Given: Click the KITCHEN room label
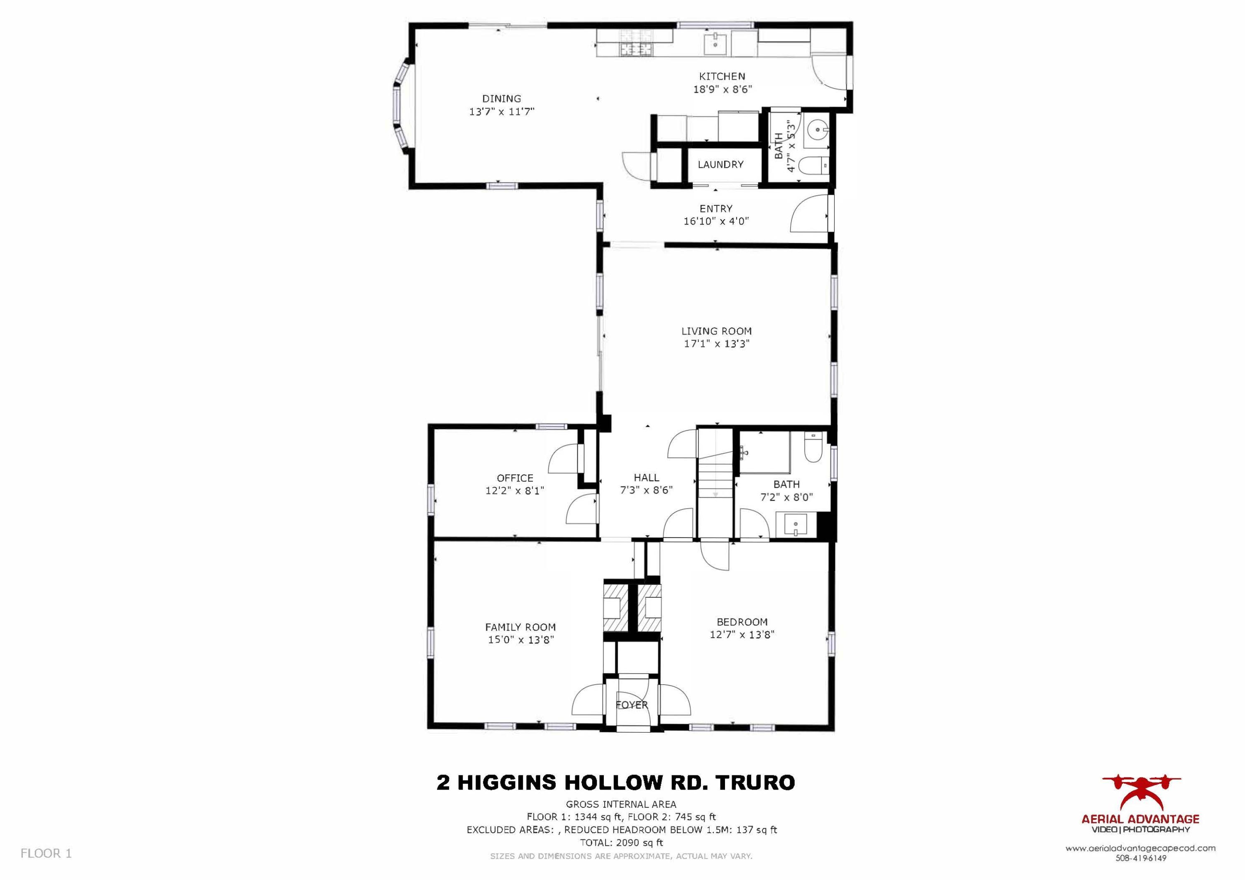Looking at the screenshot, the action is [x=722, y=76].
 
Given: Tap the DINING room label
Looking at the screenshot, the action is [x=502, y=99].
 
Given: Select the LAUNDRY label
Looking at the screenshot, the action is [x=720, y=164].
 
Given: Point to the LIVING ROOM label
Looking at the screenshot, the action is [x=716, y=331].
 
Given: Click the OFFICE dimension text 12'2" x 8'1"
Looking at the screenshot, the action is [x=515, y=491].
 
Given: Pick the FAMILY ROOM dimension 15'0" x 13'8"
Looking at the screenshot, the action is [x=520, y=640].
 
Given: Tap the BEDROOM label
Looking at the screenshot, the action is [x=742, y=622].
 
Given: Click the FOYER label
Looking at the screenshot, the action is [x=632, y=705].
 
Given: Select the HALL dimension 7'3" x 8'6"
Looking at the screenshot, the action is [x=646, y=490].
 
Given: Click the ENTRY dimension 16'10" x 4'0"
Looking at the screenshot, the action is [x=716, y=221].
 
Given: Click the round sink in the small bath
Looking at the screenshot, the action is [x=817, y=130].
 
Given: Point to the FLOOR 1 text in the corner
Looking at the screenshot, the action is [x=46, y=853].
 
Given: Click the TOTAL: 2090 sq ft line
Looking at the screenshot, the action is [x=621, y=843].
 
